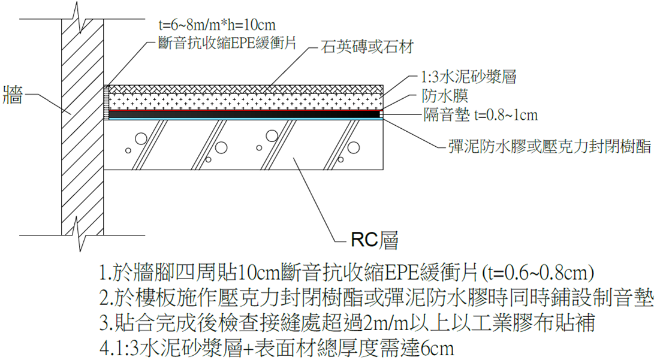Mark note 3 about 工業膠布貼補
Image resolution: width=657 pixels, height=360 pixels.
tap(348, 322)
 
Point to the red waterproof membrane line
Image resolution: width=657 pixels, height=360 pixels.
tap(240, 111)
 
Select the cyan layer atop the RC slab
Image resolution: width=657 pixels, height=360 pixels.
tap(240, 118)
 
